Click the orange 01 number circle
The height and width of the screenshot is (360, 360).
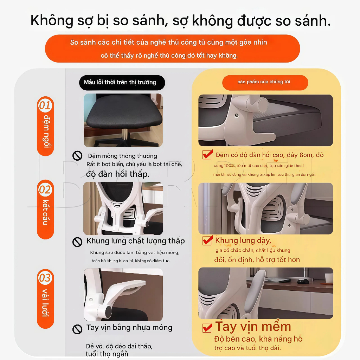pyautogui.click(x=45, y=105)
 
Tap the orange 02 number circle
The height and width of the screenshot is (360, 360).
pyautogui.click(x=45, y=190)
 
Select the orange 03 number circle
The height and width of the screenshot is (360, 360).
pyautogui.click(x=45, y=278)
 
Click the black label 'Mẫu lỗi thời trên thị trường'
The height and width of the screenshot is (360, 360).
pyautogui.click(x=120, y=82)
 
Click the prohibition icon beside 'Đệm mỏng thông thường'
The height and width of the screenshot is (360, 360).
pyautogui.click(x=77, y=156)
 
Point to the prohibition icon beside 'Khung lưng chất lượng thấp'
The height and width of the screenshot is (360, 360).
pyautogui.click(x=77, y=242)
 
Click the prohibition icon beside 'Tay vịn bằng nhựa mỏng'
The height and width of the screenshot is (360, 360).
pyautogui.click(x=77, y=329)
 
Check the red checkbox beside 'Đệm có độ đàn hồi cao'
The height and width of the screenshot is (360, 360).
pyautogui.click(x=207, y=155)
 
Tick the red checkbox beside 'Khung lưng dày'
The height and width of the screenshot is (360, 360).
pyautogui.click(x=207, y=241)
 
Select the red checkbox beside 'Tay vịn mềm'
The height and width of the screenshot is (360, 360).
pyautogui.click(x=207, y=328)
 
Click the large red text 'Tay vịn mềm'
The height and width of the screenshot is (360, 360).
pyautogui.click(x=253, y=327)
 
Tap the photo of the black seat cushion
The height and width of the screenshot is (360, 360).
pyautogui.click(x=123, y=120)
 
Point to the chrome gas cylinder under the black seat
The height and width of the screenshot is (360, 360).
pyautogui.click(x=125, y=134)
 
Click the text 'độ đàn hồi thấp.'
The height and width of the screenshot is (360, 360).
pyautogui.click(x=117, y=174)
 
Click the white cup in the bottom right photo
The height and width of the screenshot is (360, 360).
pyautogui.click(x=329, y=278)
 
